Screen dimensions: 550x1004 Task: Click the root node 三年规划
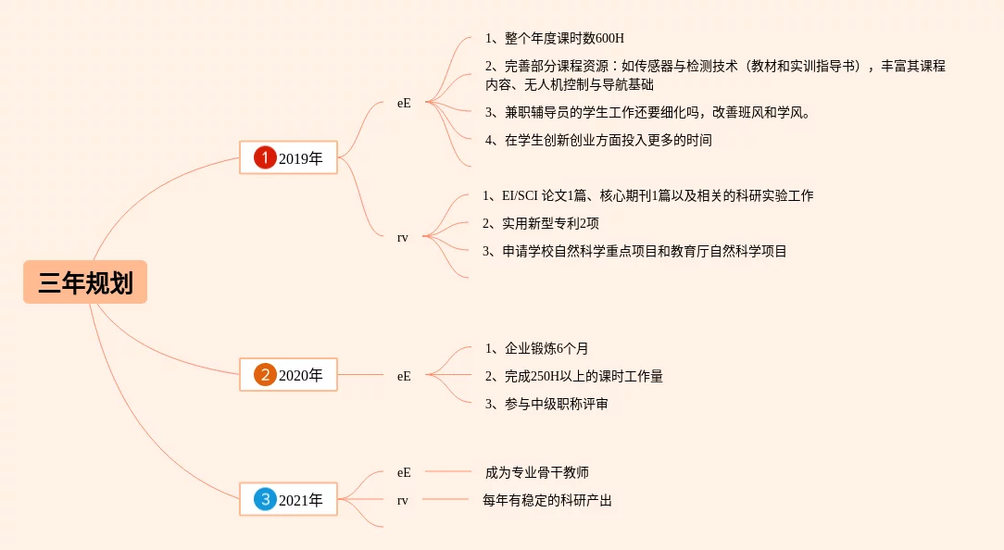point(85,282)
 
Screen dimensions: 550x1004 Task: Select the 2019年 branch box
point(288,158)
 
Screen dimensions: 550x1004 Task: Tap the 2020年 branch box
point(288,375)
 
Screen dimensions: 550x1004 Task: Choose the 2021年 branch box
point(288,500)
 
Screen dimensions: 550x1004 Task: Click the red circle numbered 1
point(265,158)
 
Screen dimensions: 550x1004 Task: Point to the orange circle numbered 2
point(265,375)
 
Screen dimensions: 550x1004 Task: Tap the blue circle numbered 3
point(265,500)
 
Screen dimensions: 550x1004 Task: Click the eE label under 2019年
point(404,104)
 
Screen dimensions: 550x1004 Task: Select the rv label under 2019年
point(403,238)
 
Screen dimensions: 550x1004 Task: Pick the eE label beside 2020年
point(404,376)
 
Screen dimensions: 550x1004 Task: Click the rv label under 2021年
point(403,500)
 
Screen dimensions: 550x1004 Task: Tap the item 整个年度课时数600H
point(555,39)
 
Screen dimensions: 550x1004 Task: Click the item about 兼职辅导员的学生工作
point(647,113)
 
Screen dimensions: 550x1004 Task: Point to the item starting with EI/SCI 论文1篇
point(648,195)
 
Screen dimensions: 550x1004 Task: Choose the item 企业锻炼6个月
point(536,348)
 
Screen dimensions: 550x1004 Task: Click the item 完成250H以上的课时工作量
point(573,376)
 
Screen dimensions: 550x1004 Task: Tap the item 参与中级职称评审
point(546,404)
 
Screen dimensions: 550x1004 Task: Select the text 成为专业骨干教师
point(536,472)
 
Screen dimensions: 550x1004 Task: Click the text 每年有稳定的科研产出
point(547,500)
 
